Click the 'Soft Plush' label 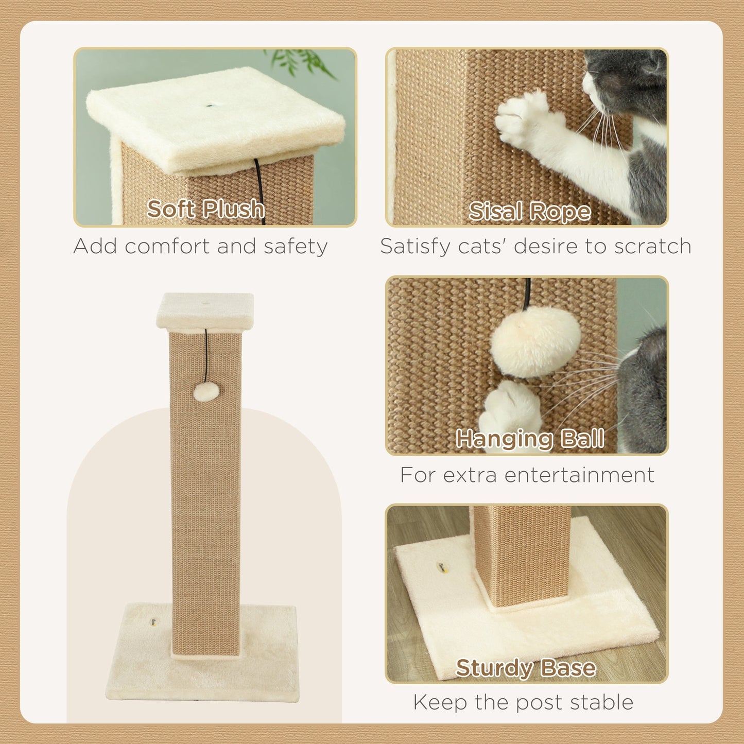[206, 209]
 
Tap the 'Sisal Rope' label [530, 211]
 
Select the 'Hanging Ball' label [530, 439]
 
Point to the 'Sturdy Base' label [526, 668]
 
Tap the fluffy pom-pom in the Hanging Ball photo [535, 341]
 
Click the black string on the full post [206, 355]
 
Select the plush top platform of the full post [205, 310]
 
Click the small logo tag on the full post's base [153, 622]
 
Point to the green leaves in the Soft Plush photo [304, 62]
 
